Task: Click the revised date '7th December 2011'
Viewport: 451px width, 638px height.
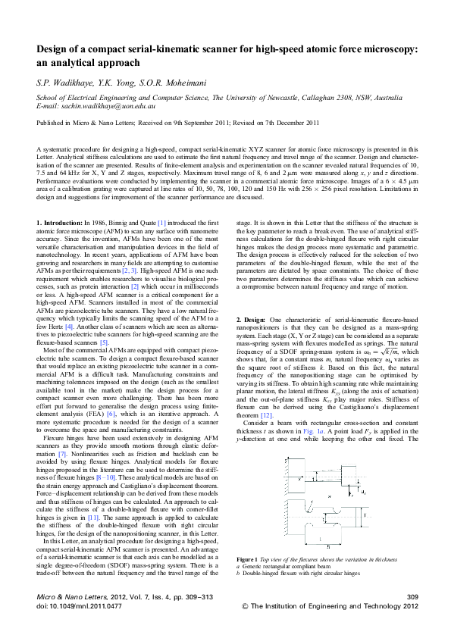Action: click(x=301, y=122)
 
